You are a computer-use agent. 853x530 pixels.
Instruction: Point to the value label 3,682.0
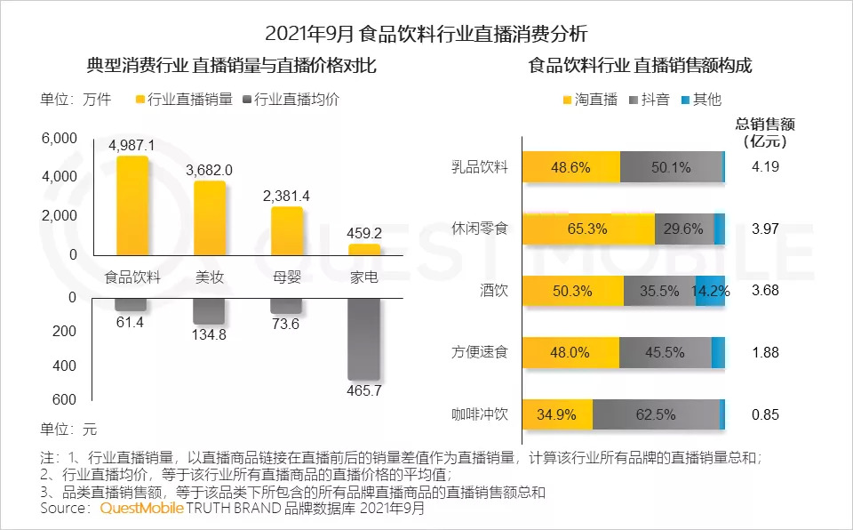click(210, 170)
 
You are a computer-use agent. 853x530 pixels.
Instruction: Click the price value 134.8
click(210, 335)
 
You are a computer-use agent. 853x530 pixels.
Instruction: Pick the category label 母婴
click(287, 277)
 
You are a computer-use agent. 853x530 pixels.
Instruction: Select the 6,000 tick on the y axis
click(60, 138)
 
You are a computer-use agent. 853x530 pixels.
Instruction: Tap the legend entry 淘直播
click(591, 99)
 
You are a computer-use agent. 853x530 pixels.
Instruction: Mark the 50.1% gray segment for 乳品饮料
click(671, 167)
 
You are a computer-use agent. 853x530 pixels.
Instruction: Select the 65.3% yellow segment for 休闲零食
click(587, 229)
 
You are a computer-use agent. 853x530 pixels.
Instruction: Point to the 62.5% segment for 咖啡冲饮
click(655, 414)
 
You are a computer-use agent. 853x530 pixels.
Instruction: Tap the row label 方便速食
click(479, 352)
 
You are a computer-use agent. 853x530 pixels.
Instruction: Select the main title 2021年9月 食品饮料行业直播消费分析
click(426, 34)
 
